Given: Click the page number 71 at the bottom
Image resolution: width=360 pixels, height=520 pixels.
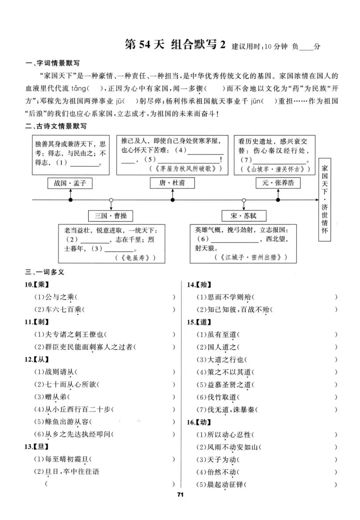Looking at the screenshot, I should point(180,495).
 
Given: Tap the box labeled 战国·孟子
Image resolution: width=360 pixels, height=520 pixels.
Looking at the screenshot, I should point(70,183).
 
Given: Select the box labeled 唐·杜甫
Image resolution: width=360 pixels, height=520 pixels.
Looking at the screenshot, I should point(172,183).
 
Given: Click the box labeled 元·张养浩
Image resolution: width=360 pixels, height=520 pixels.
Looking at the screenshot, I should point(278,183).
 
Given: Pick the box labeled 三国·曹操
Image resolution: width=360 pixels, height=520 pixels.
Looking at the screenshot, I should point(111,216).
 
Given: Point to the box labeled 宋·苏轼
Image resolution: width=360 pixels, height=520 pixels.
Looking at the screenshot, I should point(244,216).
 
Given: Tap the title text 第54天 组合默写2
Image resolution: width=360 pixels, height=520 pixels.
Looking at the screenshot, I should point(175,44).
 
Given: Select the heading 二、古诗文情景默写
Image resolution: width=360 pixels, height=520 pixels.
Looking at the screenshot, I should point(56,126).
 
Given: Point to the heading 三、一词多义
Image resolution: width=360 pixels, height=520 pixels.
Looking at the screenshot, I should point(45,272).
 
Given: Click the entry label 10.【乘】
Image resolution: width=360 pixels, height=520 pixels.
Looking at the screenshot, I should point(37,285).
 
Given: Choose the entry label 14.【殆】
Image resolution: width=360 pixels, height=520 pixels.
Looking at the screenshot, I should point(199,285).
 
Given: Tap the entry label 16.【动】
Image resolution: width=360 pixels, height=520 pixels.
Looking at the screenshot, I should point(199,422).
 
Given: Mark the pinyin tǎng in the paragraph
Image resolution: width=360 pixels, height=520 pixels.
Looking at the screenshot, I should point(78,89).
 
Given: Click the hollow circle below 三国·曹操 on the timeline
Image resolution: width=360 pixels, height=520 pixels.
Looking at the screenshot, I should point(111,200).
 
